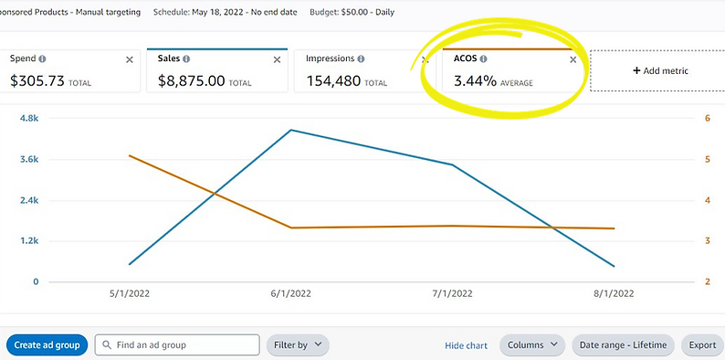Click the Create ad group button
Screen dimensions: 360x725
coord(47,344)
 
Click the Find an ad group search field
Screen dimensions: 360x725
coord(177,344)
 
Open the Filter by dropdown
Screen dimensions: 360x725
coord(298,344)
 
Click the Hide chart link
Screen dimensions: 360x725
coord(467,345)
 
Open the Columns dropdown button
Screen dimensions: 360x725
coord(532,344)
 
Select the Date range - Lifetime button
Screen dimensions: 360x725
coord(625,344)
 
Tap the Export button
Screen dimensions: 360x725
coord(701,344)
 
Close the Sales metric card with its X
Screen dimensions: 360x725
coord(277,59)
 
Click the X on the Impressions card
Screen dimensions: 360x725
coord(425,59)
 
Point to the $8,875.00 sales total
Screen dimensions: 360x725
coord(191,80)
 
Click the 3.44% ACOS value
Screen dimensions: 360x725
coord(475,80)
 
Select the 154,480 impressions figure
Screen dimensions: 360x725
coord(334,80)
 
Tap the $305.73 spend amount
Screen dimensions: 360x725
coord(37,80)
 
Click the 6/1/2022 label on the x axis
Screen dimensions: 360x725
coord(291,294)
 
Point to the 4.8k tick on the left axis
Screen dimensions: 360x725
coord(29,119)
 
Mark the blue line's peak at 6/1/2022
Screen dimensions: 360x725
coord(291,130)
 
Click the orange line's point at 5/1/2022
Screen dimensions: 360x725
coord(130,155)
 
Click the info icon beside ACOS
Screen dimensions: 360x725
coord(484,58)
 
